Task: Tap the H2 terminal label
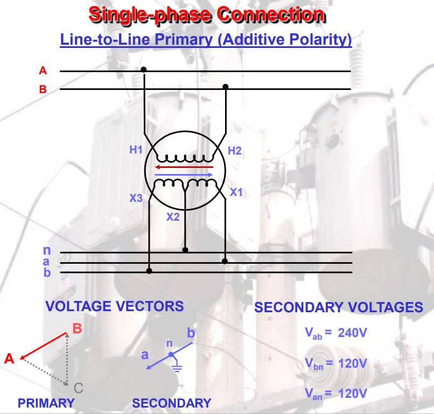[235, 151]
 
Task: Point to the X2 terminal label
[173, 217]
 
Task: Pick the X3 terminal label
[136, 198]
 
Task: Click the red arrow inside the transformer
[184, 167]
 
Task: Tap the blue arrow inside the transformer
[184, 175]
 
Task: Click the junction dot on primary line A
[143, 70]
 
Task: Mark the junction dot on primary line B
[226, 87]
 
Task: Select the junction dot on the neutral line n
[185, 250]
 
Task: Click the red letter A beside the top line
[43, 71]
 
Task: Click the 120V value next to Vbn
[353, 363]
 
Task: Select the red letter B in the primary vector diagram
[77, 328]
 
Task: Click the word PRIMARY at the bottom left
[46, 403]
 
